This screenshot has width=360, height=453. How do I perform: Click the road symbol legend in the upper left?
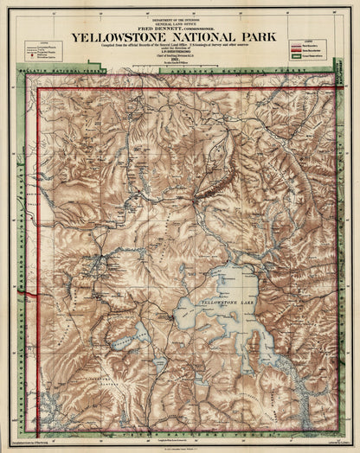pyautogui.click(x=39, y=52)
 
